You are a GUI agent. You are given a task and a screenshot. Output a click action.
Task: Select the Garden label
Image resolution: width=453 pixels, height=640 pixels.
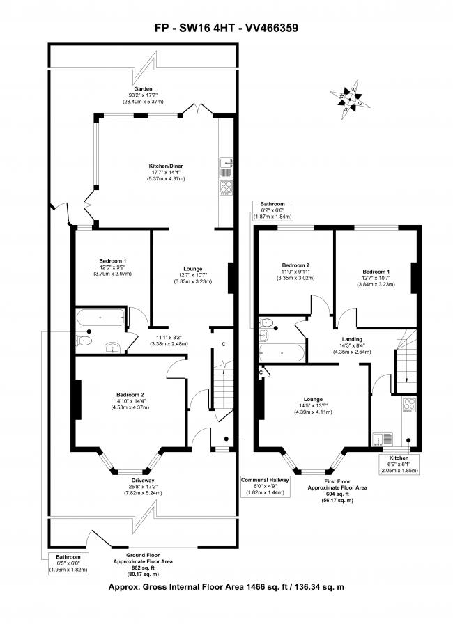(143, 95)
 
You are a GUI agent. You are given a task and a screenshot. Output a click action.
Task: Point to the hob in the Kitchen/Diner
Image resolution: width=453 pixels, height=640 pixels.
(227, 187)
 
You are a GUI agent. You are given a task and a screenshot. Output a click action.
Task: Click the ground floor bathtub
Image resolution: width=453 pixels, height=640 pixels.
(100, 319)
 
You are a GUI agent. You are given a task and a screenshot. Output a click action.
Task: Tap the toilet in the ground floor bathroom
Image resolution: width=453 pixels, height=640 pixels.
(84, 341)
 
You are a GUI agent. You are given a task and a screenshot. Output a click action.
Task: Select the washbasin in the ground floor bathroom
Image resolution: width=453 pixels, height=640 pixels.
(112, 348)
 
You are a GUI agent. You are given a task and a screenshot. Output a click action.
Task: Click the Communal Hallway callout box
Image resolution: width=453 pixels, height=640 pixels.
(264, 486)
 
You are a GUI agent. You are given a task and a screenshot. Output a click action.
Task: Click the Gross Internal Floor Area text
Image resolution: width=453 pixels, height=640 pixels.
(226, 588)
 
